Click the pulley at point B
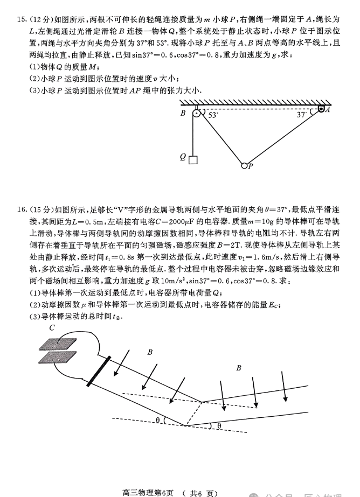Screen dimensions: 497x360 (x=197, y=114)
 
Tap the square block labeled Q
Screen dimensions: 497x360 (x=193, y=159)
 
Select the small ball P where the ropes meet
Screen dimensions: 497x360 (x=244, y=165)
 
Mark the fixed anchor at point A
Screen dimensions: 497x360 (x=321, y=110)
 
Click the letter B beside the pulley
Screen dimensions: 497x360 (x=183, y=114)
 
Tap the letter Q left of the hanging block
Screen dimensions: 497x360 (x=183, y=158)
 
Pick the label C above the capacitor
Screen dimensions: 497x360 (x=52, y=328)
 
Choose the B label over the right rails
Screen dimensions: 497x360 (x=238, y=368)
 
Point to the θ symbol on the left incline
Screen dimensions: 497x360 (x=157, y=420)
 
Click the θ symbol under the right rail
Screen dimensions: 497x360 (x=219, y=426)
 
